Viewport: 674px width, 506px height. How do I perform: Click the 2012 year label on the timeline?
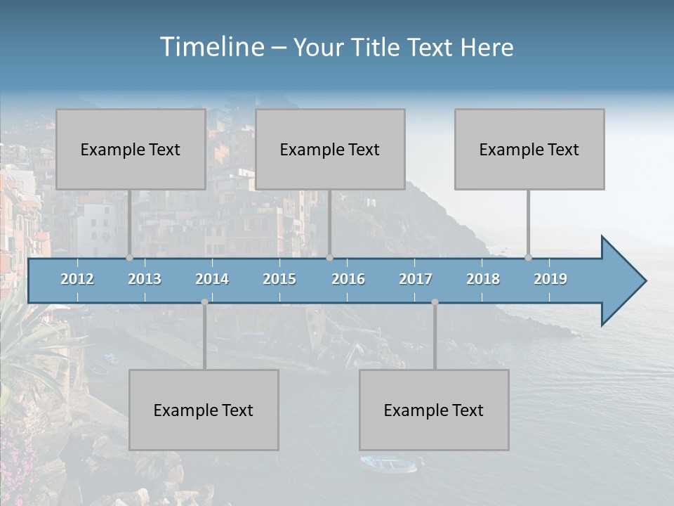tap(77, 279)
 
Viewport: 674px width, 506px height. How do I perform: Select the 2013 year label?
tap(145, 279)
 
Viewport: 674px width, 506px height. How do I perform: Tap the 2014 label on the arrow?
tap(212, 279)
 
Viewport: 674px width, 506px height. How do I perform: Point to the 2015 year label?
tap(279, 279)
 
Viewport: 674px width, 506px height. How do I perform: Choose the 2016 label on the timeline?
tap(348, 279)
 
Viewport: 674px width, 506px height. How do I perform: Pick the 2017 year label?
tap(416, 279)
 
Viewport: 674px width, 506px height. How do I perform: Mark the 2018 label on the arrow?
tap(483, 279)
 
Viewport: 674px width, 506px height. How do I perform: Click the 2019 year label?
tap(550, 279)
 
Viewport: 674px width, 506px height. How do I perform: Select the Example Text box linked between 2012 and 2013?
tap(131, 149)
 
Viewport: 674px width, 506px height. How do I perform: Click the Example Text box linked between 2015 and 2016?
tap(330, 149)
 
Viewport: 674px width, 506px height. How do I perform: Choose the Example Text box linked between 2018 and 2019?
tap(529, 149)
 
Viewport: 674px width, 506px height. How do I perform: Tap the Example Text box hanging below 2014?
tap(204, 410)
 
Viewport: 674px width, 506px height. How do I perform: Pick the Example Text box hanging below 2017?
tap(434, 410)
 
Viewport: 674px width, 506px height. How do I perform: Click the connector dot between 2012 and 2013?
tap(129, 258)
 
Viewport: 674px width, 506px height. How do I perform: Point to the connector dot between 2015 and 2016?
tap(329, 258)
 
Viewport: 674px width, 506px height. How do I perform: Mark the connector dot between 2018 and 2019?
tap(529, 258)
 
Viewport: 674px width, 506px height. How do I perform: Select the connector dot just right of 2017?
tap(435, 302)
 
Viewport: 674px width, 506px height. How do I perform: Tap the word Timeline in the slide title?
tap(211, 46)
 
